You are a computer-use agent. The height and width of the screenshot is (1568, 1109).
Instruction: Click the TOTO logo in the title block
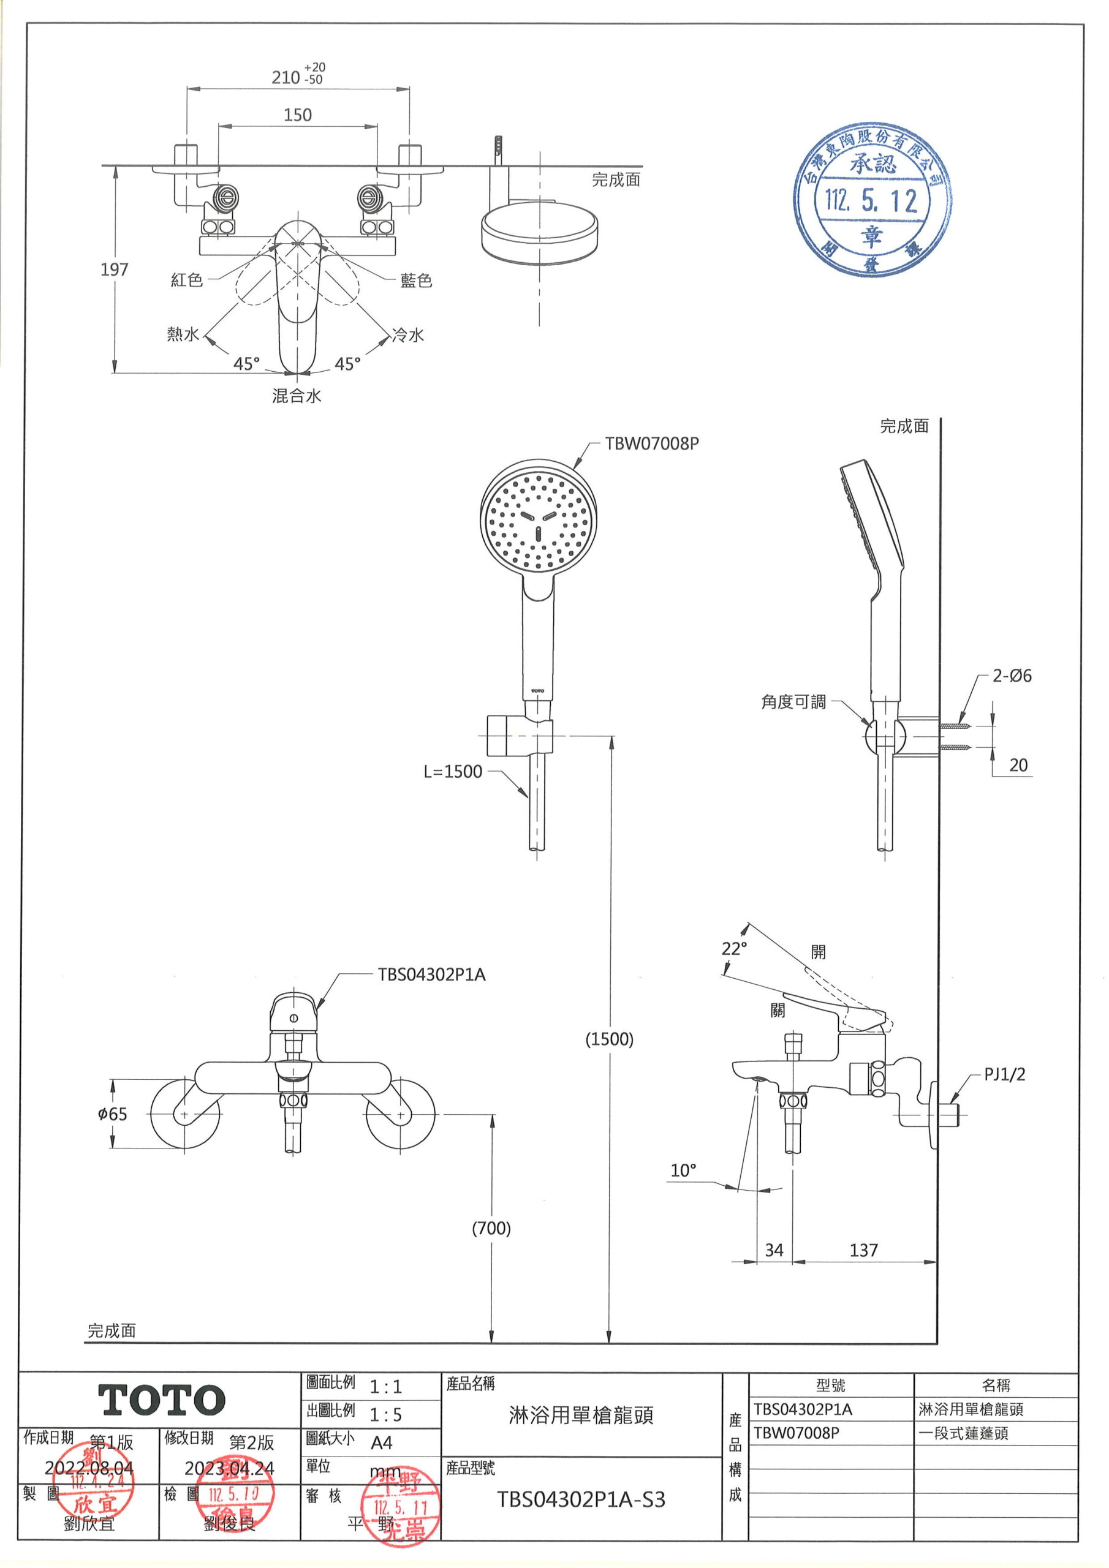click(162, 1400)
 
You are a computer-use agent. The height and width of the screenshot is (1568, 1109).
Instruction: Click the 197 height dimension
click(114, 269)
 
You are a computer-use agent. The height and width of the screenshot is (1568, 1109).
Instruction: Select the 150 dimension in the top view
click(297, 115)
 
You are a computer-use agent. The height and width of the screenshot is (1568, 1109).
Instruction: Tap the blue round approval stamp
click(872, 200)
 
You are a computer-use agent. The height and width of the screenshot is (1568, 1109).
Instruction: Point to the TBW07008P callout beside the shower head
click(651, 443)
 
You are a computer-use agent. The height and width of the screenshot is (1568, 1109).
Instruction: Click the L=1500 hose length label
click(452, 771)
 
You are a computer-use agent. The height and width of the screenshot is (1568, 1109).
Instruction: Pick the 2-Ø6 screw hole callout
click(1012, 676)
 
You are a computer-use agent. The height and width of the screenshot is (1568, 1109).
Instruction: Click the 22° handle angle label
click(734, 949)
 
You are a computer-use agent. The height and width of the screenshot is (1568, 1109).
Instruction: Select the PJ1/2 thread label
click(1004, 1074)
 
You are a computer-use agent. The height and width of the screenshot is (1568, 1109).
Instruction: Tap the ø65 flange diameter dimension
click(113, 1114)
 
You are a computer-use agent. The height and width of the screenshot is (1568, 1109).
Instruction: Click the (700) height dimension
click(491, 1228)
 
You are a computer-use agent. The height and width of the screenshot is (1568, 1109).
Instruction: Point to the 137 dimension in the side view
click(863, 1251)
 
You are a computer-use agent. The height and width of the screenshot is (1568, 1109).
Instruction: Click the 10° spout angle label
click(683, 1170)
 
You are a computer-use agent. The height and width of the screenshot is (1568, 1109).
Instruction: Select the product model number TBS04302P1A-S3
click(580, 1500)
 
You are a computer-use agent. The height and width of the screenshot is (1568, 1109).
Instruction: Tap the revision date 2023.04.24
click(229, 1468)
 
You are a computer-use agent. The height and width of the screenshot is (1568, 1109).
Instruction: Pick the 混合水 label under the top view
click(297, 396)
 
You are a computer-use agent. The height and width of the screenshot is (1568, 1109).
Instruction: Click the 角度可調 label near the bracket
click(793, 701)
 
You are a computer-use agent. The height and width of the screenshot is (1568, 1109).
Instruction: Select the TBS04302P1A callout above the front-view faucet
click(431, 974)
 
